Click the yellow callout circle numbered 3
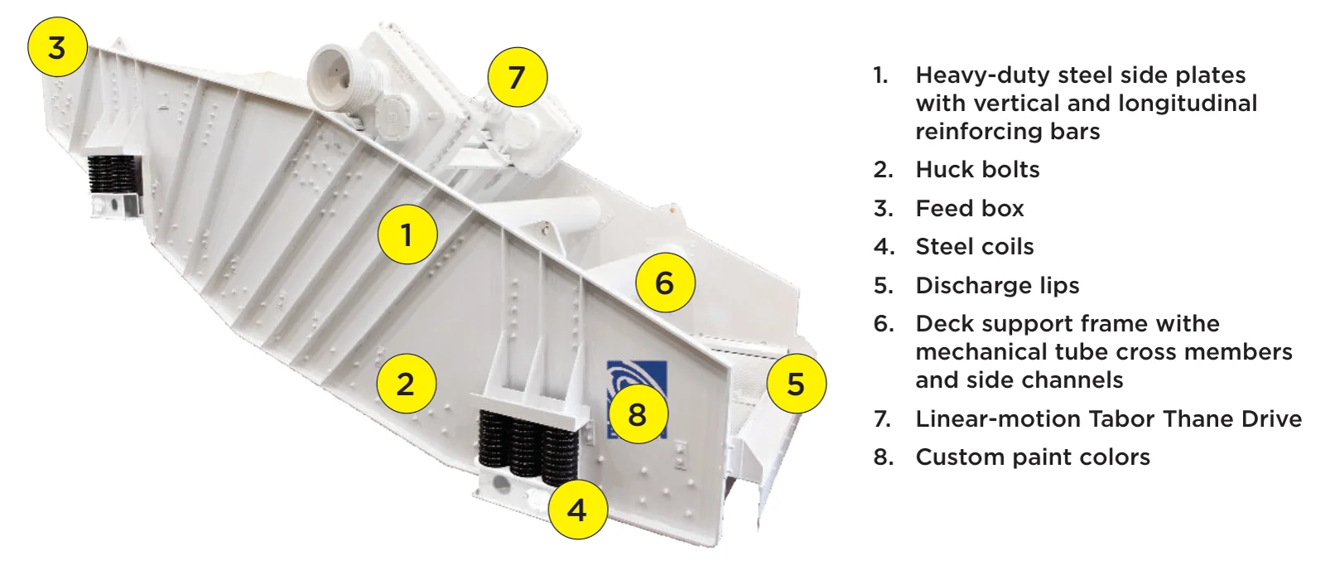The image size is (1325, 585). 57,46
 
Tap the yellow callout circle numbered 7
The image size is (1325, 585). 518,77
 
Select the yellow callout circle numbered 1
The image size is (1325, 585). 407,234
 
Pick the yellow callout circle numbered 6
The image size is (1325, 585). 666,283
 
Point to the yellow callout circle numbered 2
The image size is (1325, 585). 407,384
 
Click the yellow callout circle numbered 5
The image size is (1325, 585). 796,383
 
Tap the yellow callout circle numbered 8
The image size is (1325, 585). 638,413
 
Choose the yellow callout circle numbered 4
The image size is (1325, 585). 578,510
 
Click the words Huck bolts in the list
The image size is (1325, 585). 977,169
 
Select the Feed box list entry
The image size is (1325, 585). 970,209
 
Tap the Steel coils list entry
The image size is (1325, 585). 974,247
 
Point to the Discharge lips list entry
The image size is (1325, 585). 997,285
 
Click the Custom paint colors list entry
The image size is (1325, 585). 1033,457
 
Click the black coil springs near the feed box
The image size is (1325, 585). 113,175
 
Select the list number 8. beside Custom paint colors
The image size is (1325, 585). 884,457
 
